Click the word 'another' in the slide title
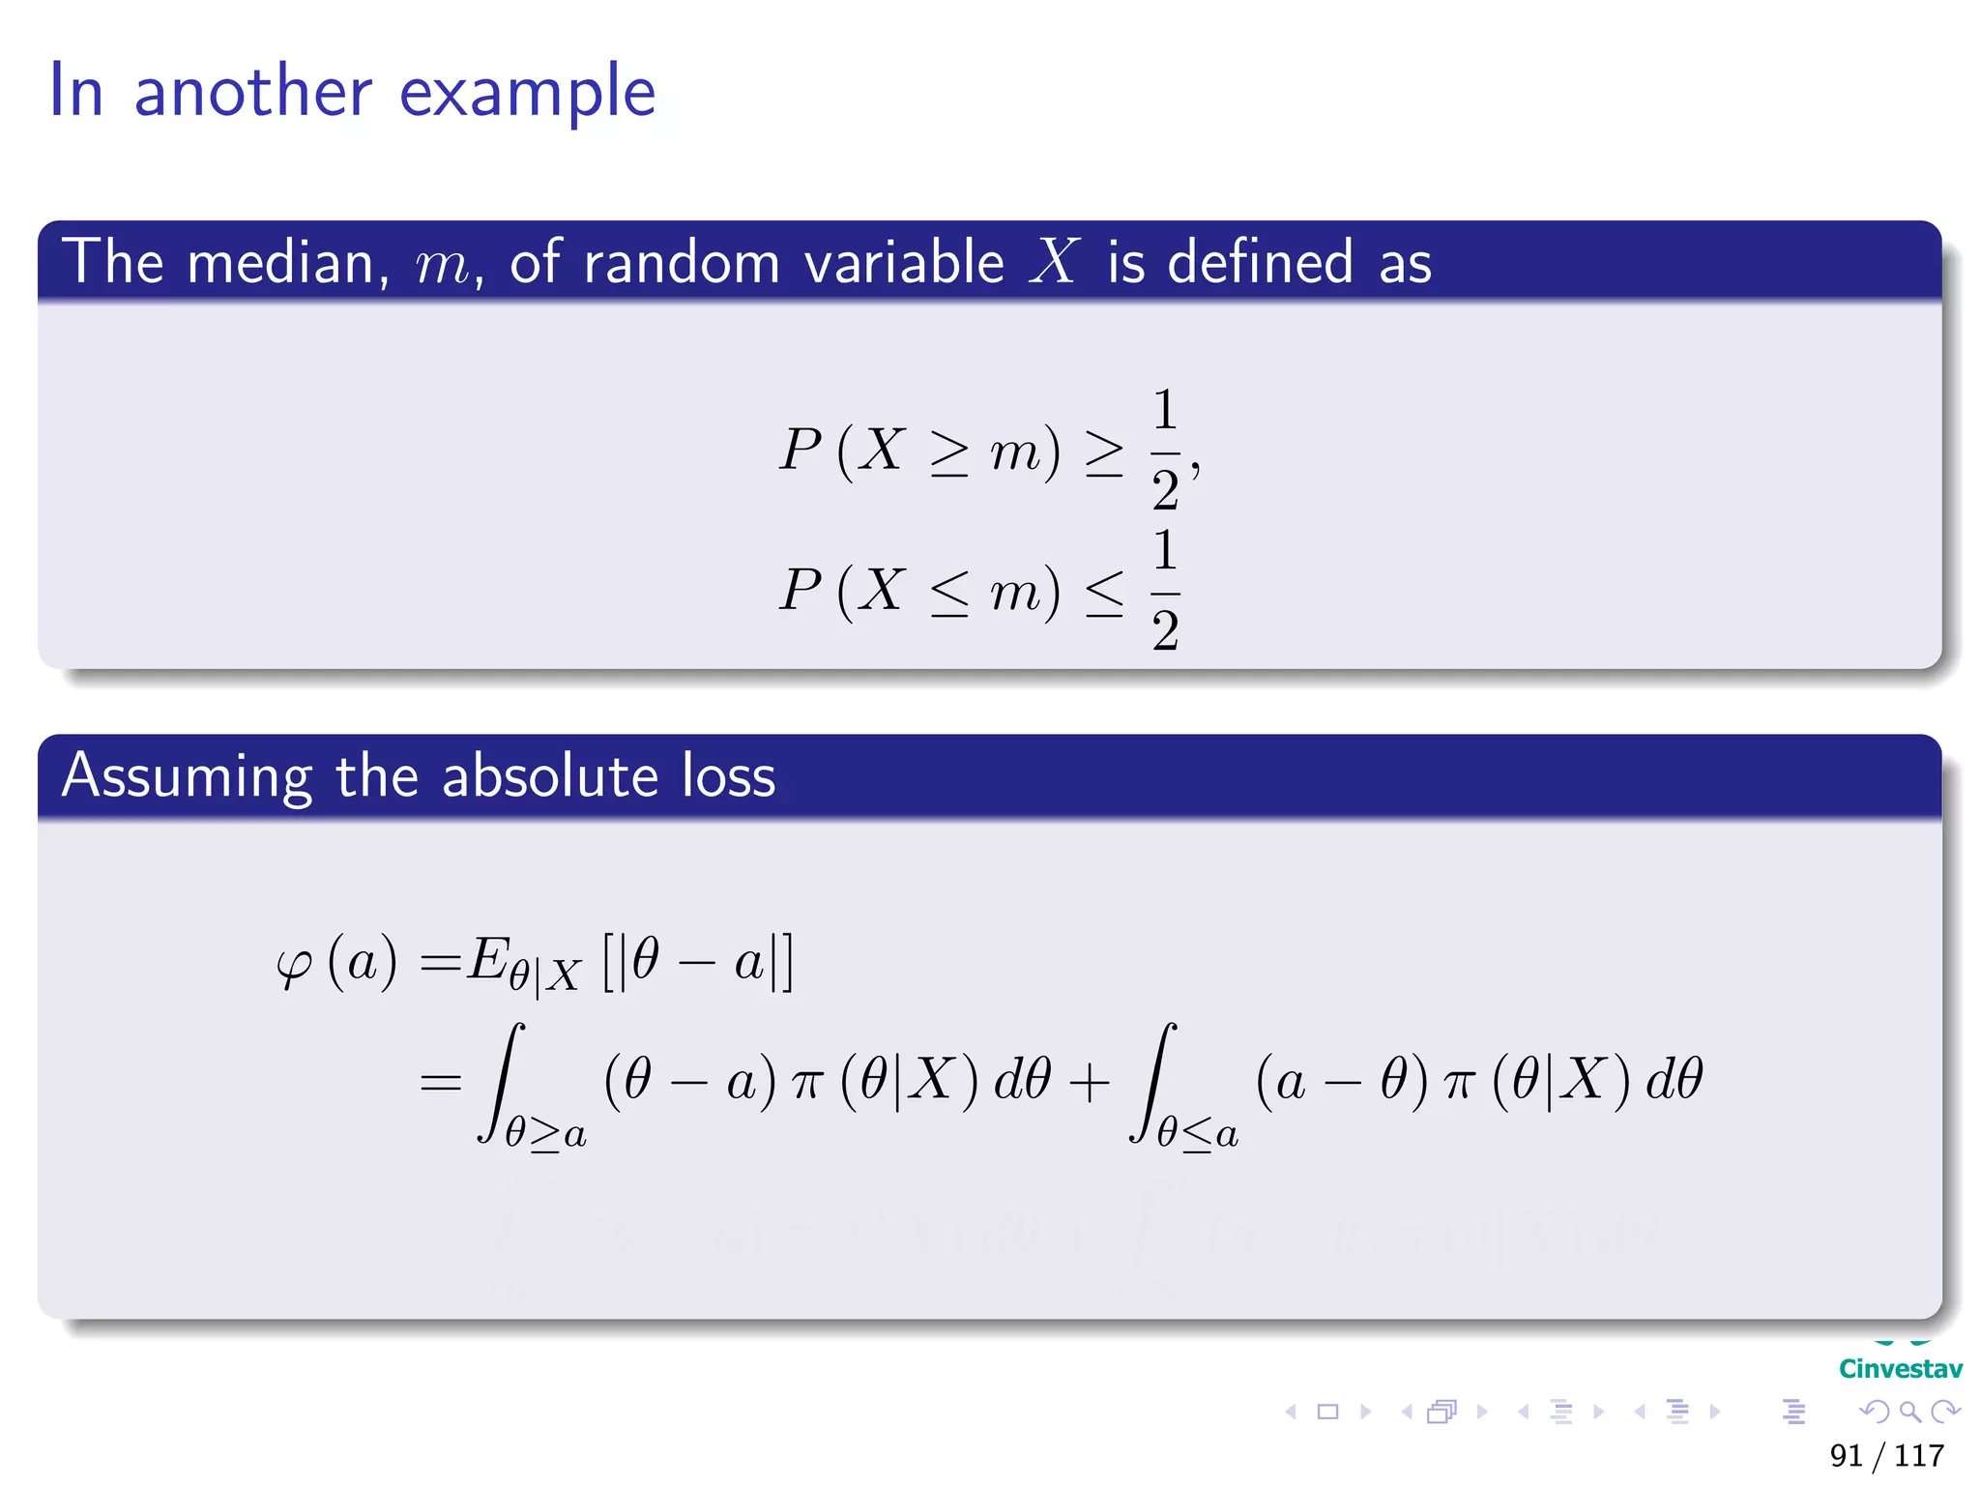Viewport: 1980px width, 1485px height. (252, 92)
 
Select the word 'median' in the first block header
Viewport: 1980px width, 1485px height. (281, 262)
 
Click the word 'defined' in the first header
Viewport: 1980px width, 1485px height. (1260, 262)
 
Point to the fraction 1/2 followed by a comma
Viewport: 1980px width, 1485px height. (1167, 450)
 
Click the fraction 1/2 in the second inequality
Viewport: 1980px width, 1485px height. (1165, 591)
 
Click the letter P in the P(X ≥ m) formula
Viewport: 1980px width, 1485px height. (801, 450)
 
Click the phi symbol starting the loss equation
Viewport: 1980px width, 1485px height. (294, 965)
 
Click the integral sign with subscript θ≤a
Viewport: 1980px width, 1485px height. (1155, 1081)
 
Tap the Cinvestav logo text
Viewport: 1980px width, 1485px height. (1900, 1369)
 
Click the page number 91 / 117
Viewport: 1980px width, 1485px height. (1886, 1455)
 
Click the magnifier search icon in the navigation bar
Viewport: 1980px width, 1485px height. (1909, 1412)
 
